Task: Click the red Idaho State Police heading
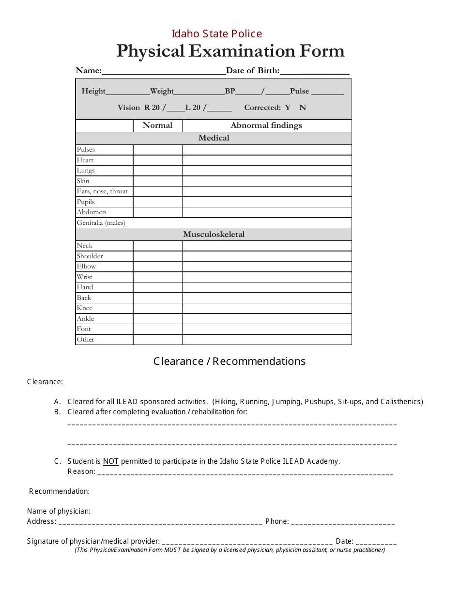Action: [216, 34]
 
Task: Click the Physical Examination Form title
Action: [230, 51]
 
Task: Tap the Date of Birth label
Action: [252, 71]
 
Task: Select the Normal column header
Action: [157, 125]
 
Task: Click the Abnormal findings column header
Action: [266, 125]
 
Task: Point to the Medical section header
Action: [214, 138]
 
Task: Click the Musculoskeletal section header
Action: [214, 235]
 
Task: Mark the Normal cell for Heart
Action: [157, 160]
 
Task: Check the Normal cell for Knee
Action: [157, 308]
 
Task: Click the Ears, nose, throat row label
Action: [102, 191]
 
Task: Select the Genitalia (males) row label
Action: [101, 223]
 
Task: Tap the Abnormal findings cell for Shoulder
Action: [266, 256]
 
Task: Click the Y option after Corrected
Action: [288, 108]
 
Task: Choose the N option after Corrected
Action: [303, 108]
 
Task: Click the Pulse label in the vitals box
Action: [299, 91]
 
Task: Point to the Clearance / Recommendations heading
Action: [230, 361]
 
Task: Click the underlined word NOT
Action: [111, 461]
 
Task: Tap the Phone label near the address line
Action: [277, 521]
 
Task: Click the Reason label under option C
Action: [81, 471]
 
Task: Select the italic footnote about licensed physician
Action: [230, 550]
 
